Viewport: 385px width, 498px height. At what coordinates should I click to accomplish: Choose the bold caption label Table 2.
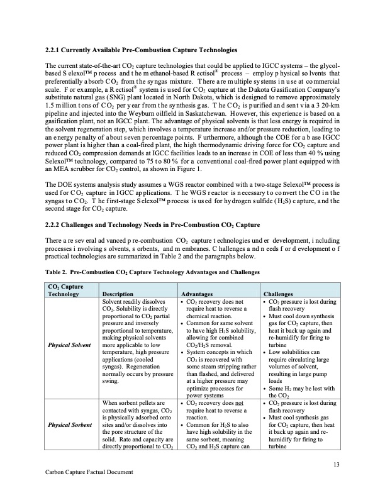click(x=60, y=273)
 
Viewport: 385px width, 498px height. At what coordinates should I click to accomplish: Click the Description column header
click(x=118, y=294)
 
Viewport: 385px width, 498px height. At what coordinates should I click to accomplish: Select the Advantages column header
click(x=198, y=294)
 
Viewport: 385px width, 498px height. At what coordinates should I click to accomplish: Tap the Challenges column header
click(x=280, y=294)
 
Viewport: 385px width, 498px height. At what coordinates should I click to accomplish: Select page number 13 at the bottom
click(x=337, y=464)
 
